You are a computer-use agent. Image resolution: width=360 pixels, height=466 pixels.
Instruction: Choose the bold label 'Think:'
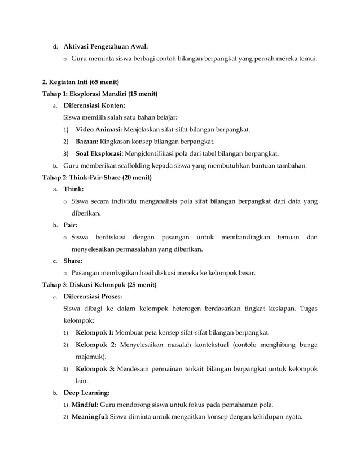74,189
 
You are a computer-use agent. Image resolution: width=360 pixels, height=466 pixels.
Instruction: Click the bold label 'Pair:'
71,225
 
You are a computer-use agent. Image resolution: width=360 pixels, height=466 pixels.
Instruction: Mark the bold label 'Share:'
73,261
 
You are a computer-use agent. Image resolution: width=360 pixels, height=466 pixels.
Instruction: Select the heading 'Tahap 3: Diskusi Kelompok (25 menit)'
100,285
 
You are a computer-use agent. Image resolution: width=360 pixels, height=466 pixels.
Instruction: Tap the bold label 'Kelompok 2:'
95,345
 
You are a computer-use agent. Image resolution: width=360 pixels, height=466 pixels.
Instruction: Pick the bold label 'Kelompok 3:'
95,369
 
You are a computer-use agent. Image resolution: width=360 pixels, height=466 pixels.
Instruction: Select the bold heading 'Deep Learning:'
86,393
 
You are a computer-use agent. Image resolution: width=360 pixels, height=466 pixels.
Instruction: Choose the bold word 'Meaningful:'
90,417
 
